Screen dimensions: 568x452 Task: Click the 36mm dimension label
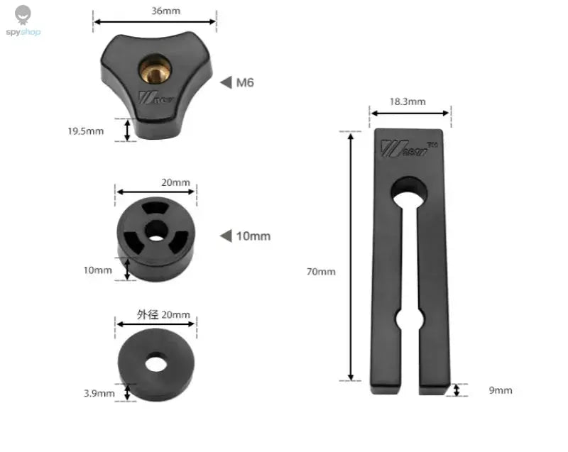(165, 11)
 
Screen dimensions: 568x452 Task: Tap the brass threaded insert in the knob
(155, 69)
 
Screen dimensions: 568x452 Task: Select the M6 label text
(245, 82)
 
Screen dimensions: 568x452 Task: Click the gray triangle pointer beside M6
(226, 82)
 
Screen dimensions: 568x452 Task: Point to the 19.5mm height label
(86, 131)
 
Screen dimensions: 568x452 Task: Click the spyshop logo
(23, 21)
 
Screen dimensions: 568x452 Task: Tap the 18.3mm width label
(408, 101)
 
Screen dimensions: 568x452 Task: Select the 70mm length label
(321, 272)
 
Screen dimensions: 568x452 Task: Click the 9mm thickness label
(501, 390)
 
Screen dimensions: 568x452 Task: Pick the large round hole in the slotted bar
(409, 191)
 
